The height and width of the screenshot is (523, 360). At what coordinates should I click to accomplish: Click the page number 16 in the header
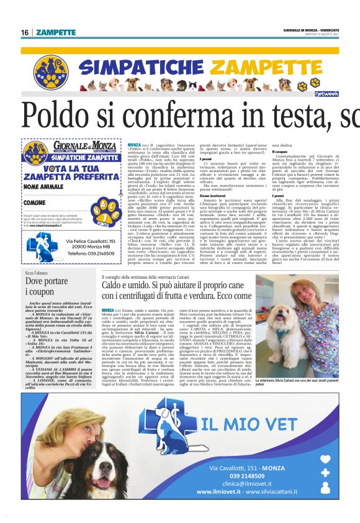click(x=25, y=32)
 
